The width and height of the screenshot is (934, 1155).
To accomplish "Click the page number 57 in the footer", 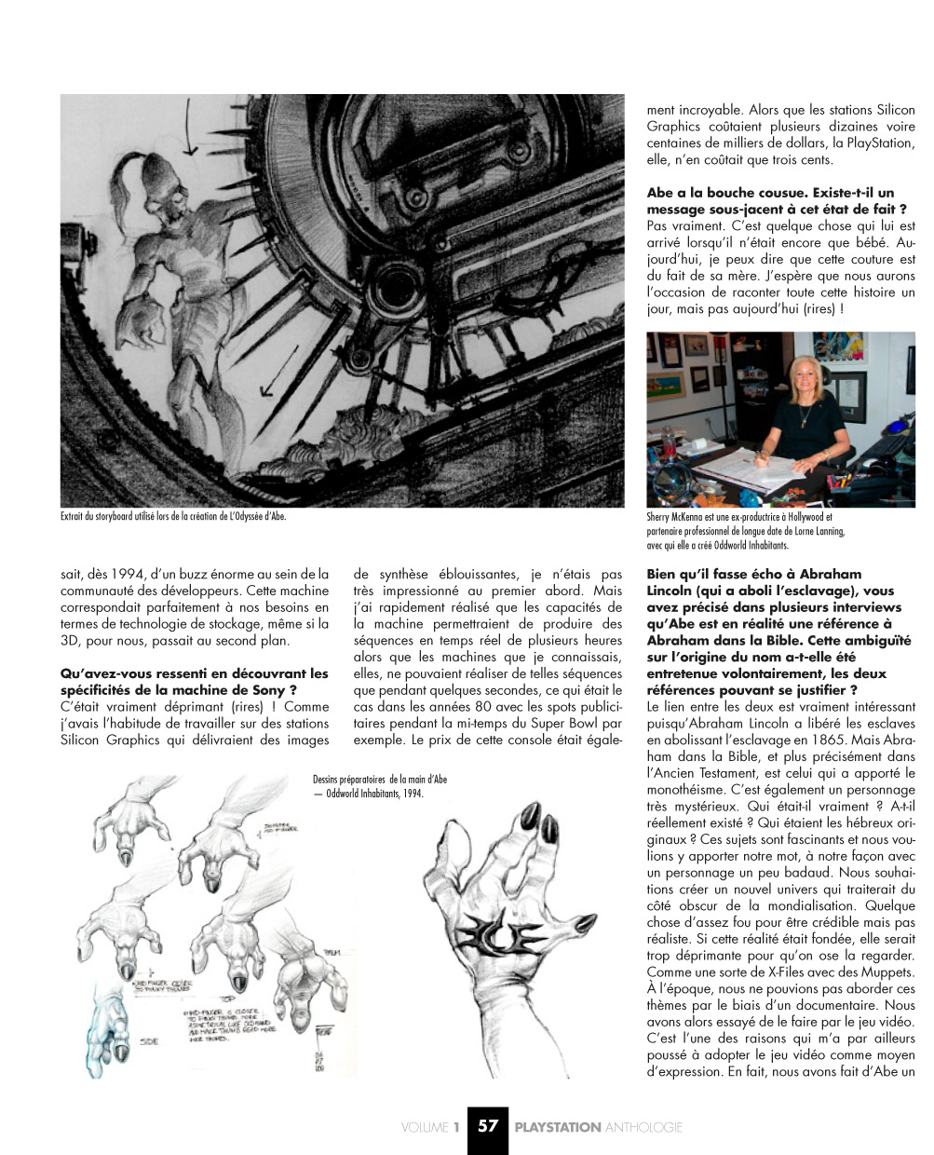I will coord(488,1126).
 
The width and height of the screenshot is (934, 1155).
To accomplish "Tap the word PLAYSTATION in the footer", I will coord(558,1127).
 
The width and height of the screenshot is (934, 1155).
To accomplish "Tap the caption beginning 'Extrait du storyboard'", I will coord(172,517).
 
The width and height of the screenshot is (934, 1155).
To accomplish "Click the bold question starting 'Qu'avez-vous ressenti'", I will coord(194,682).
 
